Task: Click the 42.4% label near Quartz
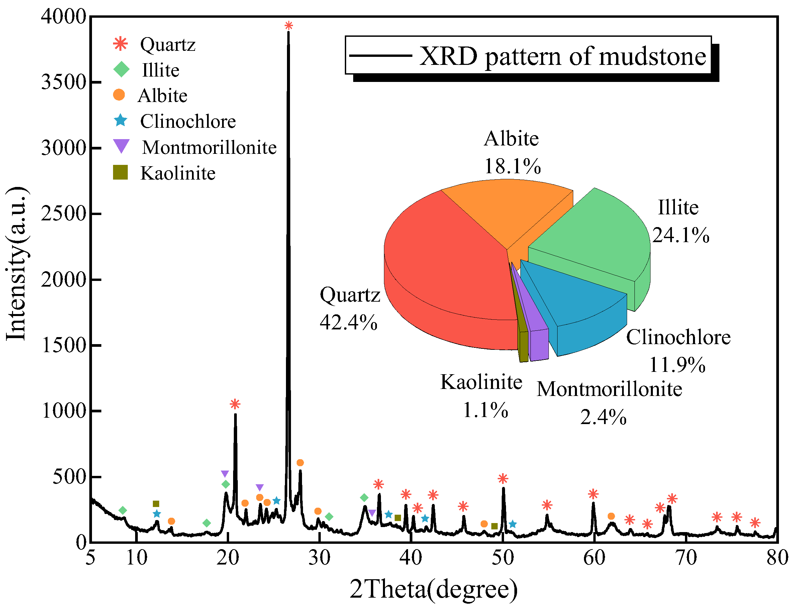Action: (348, 322)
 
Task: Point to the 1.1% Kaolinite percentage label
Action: (485, 410)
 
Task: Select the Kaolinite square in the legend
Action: (120, 173)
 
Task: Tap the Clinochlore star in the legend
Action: (120, 120)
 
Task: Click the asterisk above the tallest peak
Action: (289, 26)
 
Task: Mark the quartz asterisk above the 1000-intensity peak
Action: (235, 404)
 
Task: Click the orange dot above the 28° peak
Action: (300, 463)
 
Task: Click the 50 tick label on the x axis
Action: (503, 557)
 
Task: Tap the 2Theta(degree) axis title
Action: (433, 589)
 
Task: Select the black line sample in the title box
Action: (380, 56)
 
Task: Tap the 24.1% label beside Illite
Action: (680, 235)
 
